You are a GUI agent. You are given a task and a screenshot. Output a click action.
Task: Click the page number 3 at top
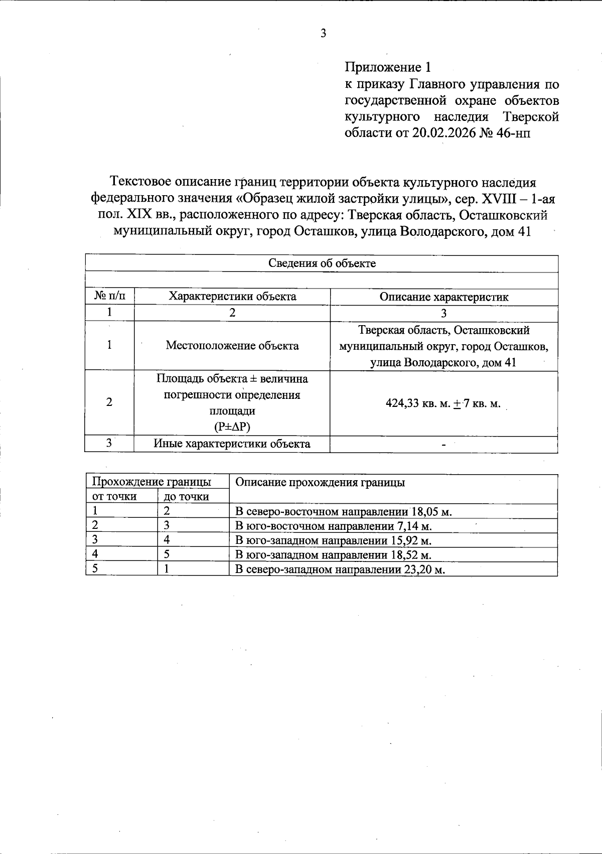click(x=323, y=34)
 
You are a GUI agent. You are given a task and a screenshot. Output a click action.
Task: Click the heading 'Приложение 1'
click(x=387, y=67)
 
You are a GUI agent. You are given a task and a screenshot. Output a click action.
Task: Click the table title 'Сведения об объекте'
click(x=322, y=263)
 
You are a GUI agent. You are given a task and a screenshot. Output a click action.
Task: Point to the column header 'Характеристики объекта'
click(x=232, y=297)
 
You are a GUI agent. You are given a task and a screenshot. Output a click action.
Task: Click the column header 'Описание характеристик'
click(x=443, y=297)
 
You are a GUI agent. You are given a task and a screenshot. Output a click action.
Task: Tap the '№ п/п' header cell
click(x=109, y=297)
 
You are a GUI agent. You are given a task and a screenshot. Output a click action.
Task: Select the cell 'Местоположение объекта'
click(x=232, y=346)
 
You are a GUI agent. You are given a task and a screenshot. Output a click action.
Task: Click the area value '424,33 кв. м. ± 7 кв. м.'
click(x=443, y=404)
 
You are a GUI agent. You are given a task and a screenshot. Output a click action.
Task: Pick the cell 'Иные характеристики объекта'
click(x=232, y=444)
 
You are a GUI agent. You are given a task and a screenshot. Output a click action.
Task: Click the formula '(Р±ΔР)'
click(x=232, y=427)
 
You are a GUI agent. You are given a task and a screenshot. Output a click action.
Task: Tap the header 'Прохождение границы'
click(x=151, y=482)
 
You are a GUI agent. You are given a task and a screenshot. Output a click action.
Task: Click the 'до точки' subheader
click(x=186, y=497)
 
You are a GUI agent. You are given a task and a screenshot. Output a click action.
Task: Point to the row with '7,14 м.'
click(x=334, y=526)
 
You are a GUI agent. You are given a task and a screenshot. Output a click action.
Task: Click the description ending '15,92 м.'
click(x=334, y=540)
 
